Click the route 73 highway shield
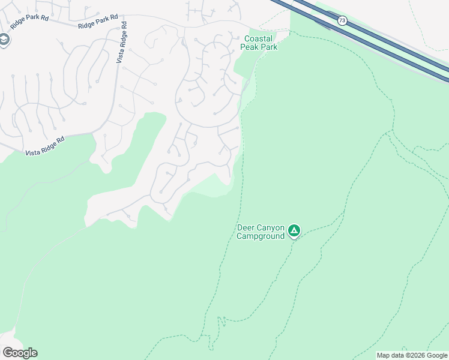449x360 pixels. pyautogui.click(x=342, y=21)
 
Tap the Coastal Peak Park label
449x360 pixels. pyautogui.click(x=259, y=43)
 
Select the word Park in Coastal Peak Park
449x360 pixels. pyautogui.click(x=269, y=47)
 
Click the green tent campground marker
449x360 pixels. pyautogui.click(x=294, y=230)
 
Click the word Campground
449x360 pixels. pyautogui.click(x=260, y=236)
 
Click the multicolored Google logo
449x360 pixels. pyautogui.click(x=20, y=353)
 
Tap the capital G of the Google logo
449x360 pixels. pyautogui.click(x=7, y=353)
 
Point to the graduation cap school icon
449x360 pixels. pyautogui.click(x=4, y=40)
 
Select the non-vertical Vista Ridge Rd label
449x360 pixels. pyautogui.click(x=44, y=147)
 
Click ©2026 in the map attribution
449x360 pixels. pyautogui.click(x=414, y=355)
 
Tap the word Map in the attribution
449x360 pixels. pyautogui.click(x=384, y=355)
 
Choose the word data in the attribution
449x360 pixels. pyautogui.click(x=397, y=355)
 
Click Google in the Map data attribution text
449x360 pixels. pyautogui.click(x=436, y=355)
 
